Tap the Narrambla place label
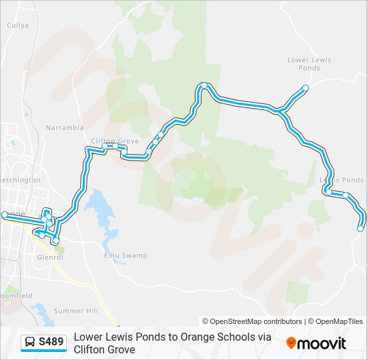coord(65,127)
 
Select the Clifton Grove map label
coord(115,141)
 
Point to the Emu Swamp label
coord(125,255)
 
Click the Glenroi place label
coord(50,257)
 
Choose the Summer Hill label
coord(75,311)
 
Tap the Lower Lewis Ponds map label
coord(309,63)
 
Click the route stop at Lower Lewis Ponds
coord(306,88)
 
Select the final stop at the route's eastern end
coord(360,229)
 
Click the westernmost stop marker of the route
coord(5,214)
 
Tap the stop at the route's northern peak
coord(204,85)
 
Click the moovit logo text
coord(322,343)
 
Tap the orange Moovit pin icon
coord(291,343)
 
